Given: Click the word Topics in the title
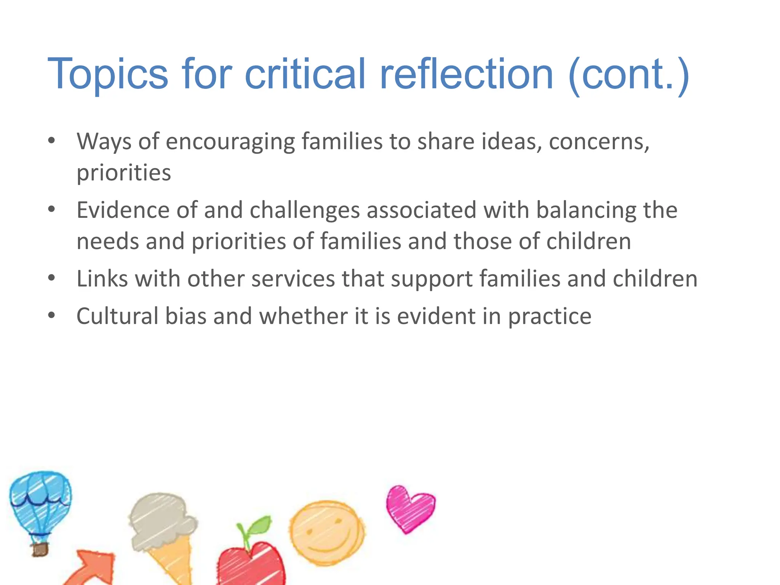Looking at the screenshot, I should [107, 74].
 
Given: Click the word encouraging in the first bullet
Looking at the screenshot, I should [230, 142].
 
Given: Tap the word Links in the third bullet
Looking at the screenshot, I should [102, 278].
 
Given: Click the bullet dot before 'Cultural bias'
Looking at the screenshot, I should [52, 315].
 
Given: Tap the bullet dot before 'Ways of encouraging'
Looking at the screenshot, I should [52, 141].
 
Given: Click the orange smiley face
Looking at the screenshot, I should [326, 533].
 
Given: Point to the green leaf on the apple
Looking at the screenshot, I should [258, 527].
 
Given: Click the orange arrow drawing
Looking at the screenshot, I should [92, 567].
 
